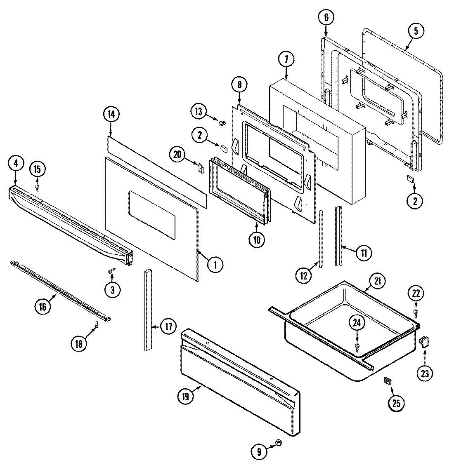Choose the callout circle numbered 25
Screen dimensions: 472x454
tap(396, 404)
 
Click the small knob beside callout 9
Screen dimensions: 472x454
tap(278, 443)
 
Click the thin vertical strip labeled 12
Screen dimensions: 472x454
tap(320, 239)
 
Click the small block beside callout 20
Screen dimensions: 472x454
tap(201, 168)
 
